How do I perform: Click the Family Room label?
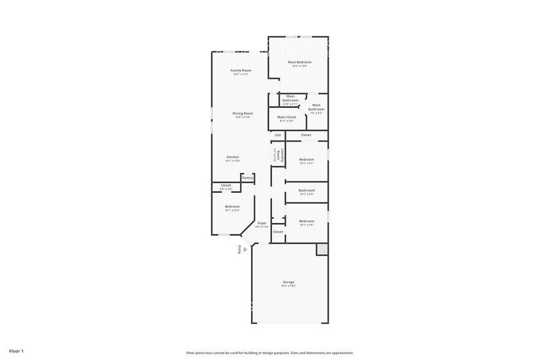coord(240,70)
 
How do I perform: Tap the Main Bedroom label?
coord(300,62)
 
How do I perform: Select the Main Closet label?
coord(287,117)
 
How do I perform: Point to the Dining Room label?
coord(242,113)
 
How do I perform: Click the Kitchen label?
coord(233,157)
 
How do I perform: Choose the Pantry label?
coord(247,178)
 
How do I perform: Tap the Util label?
coord(277,135)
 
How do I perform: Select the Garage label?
coord(289,282)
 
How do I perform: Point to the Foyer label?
coord(262,223)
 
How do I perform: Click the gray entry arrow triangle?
coord(246,250)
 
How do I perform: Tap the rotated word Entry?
coord(239,250)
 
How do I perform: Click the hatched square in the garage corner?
coord(321,249)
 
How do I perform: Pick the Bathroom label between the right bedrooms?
coord(307,190)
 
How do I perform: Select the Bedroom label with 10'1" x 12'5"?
coord(232,206)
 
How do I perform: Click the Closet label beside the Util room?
coord(306,135)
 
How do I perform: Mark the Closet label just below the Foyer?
coord(278,232)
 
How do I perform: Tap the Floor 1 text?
coord(16,351)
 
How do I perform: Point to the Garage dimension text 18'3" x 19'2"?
coord(289,286)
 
